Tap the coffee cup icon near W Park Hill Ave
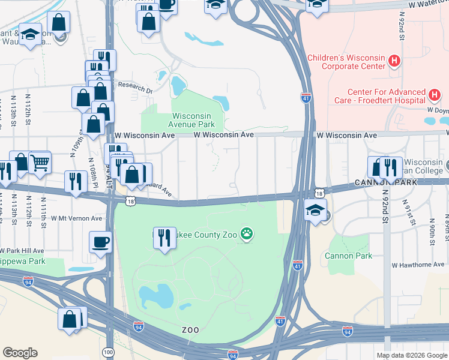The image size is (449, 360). [x=100, y=242]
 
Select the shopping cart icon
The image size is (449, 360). [x=40, y=161]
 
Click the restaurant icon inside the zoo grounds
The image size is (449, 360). [x=164, y=237]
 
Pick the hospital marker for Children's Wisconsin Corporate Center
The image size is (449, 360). [x=394, y=61]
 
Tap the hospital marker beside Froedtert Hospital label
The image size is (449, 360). [x=435, y=95]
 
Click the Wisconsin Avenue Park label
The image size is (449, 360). [x=193, y=120]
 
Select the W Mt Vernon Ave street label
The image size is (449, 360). [x=77, y=218]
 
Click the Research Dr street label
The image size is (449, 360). [x=135, y=86]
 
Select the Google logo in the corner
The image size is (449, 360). [x=20, y=353]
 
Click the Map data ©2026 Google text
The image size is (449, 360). [x=412, y=355]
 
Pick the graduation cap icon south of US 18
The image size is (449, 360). [x=315, y=211]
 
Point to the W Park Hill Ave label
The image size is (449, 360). [x=23, y=250]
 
